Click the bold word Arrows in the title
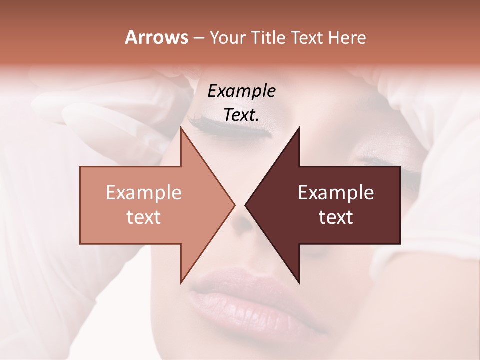click(156, 37)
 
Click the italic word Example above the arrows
click(241, 91)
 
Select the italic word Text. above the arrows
click(241, 115)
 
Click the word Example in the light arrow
click(144, 193)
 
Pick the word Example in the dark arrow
click(336, 193)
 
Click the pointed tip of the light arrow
click(234, 205)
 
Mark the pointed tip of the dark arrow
click(246, 205)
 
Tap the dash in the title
click(198, 38)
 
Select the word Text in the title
click(307, 37)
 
